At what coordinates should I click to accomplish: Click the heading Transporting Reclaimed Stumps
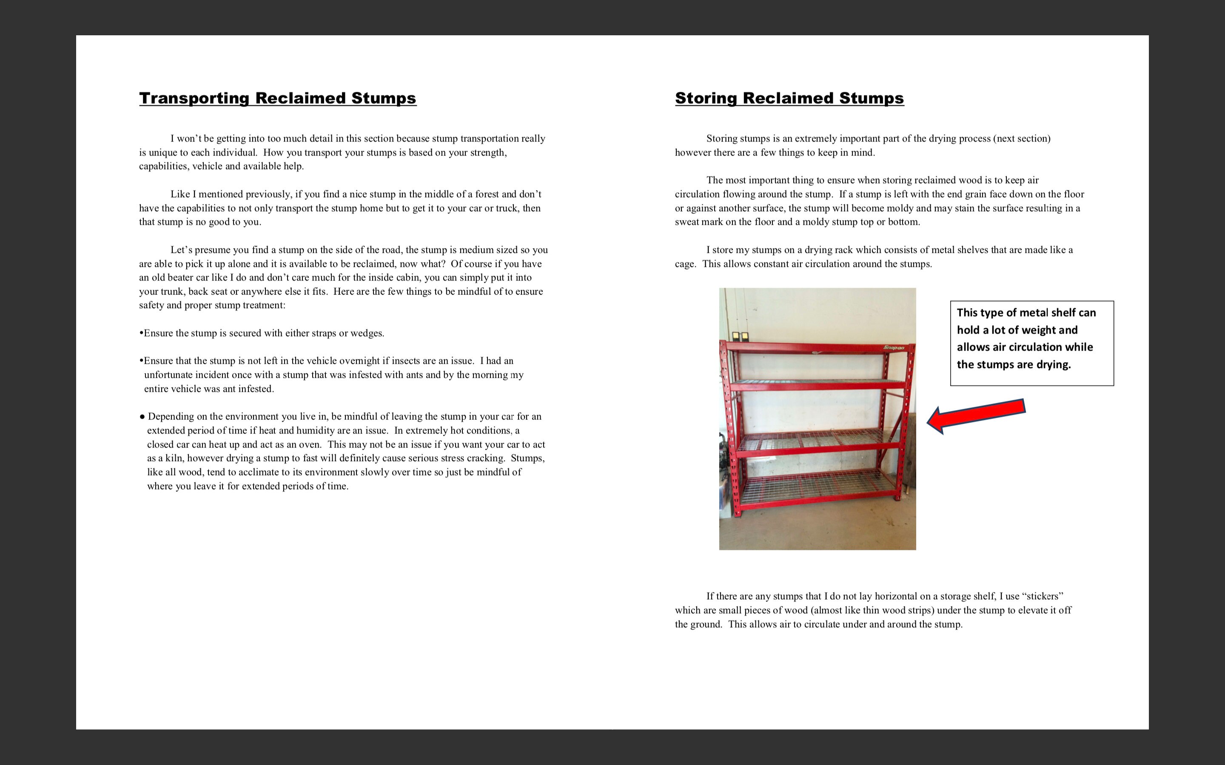click(277, 98)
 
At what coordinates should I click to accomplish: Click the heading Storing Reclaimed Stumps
click(789, 98)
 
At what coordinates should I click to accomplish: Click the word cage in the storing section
click(685, 264)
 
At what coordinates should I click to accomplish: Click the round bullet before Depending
click(142, 417)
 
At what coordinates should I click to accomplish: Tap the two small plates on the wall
click(740, 335)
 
